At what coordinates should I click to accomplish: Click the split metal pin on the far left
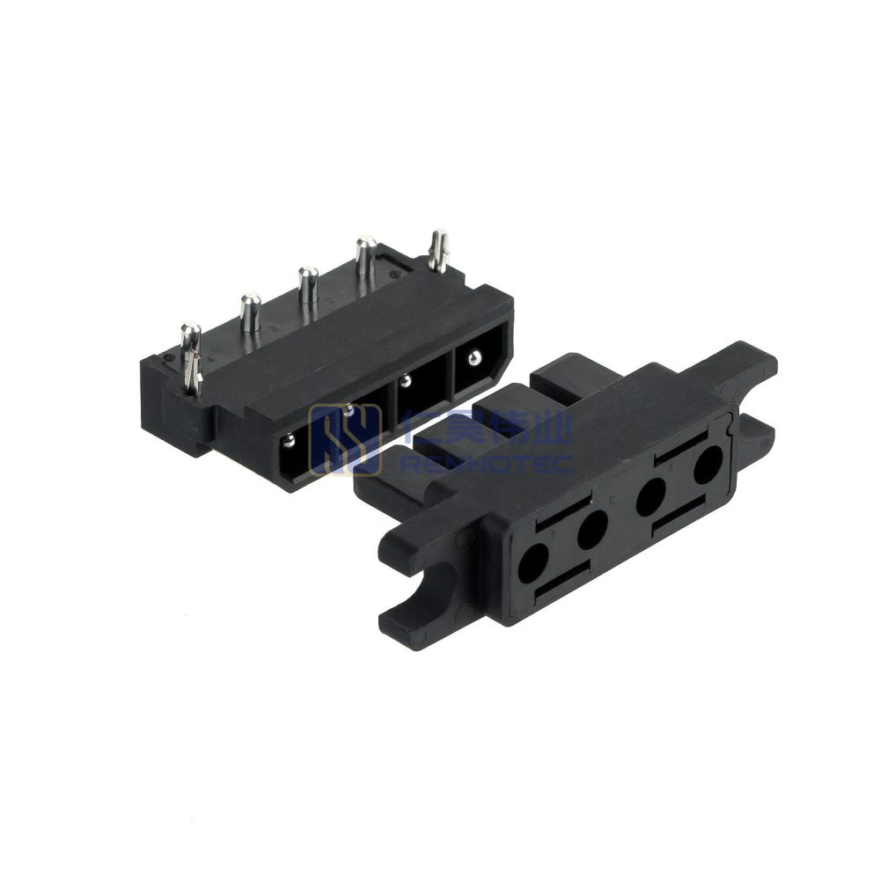(x=191, y=356)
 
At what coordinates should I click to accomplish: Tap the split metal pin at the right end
(x=436, y=249)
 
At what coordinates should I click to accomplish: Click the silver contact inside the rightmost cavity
(x=475, y=357)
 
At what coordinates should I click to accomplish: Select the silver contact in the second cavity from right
(x=406, y=380)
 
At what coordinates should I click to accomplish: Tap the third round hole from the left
(x=652, y=496)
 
